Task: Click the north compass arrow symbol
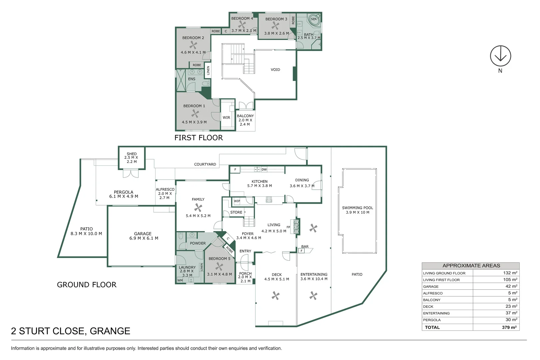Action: click(500, 56)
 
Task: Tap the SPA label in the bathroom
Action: click(313, 19)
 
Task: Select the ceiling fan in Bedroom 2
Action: click(193, 45)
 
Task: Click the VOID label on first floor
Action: click(275, 70)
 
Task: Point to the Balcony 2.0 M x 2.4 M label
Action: click(245, 120)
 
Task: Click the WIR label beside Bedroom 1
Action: click(226, 117)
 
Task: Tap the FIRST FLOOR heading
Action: click(199, 138)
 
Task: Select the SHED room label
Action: click(132, 157)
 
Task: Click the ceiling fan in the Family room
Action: click(198, 208)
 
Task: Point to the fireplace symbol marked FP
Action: click(295, 227)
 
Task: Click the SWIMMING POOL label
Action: click(357, 210)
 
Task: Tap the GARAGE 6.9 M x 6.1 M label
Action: click(143, 236)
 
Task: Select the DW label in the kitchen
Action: click(264, 169)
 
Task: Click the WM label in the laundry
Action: click(180, 280)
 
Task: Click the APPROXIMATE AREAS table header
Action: click(471, 266)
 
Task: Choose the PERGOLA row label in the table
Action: click(432, 320)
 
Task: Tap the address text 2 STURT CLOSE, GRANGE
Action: click(71, 331)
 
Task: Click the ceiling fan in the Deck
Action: click(275, 295)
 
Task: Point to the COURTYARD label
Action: click(205, 164)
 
